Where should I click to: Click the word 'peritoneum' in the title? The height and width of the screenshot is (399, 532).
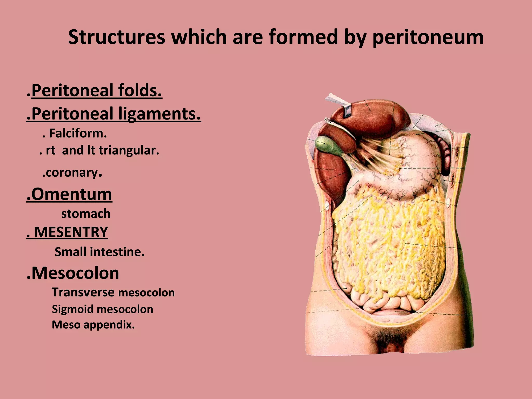coord(428,37)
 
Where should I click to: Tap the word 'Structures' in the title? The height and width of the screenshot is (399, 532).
coord(116,37)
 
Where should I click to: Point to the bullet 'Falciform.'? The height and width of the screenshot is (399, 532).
coord(78,134)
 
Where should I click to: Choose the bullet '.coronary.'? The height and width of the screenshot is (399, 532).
coord(72,172)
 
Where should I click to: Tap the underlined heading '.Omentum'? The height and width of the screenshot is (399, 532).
coord(69,194)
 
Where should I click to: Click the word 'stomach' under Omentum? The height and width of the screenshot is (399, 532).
coord(86,214)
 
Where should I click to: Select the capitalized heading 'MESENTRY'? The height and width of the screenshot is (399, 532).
coord(71,232)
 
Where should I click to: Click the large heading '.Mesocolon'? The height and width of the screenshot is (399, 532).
coord(73,273)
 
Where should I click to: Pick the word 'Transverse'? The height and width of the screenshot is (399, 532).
coord(83,292)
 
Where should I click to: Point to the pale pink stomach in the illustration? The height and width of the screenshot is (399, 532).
coord(418,166)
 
